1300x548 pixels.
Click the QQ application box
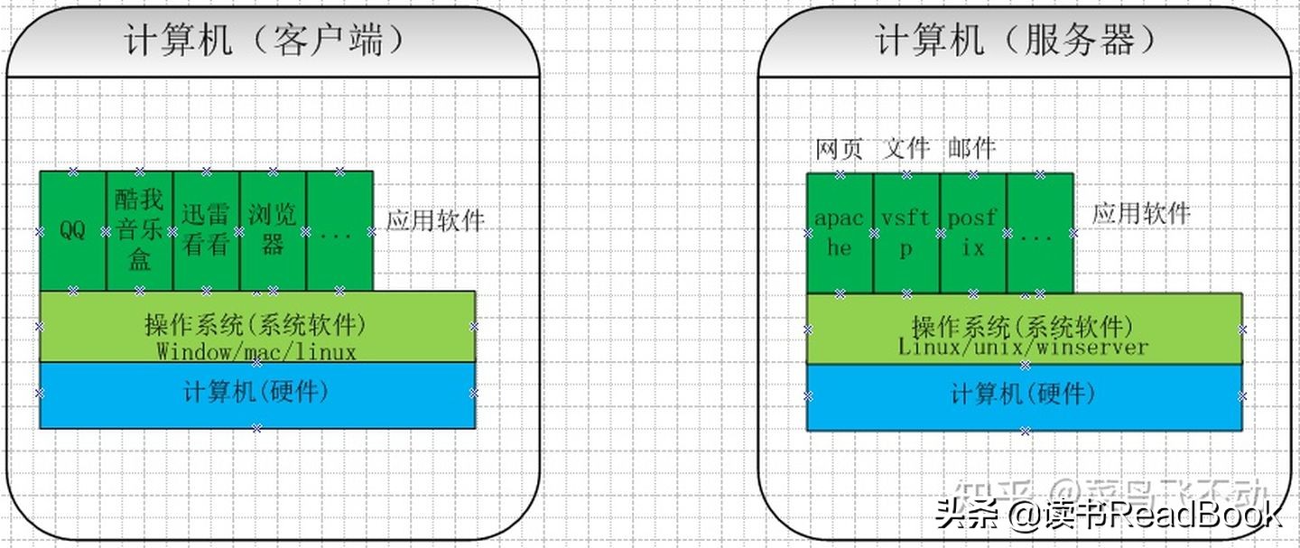coord(72,231)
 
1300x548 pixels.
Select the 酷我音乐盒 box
coord(139,231)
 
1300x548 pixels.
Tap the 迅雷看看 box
coord(206,231)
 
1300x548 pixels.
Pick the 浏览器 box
coord(273,231)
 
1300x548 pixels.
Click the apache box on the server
coord(840,233)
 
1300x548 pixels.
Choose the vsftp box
coord(906,233)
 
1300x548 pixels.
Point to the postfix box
coord(973,233)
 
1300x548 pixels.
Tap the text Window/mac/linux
coord(256,351)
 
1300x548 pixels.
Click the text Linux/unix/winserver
coord(1023,347)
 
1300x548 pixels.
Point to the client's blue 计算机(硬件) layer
coord(256,395)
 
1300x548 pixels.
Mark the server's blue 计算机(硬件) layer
coord(1024,395)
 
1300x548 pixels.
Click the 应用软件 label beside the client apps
coord(435,220)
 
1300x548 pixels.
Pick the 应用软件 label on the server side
coord(1141,214)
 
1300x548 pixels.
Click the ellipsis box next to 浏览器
coord(339,231)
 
